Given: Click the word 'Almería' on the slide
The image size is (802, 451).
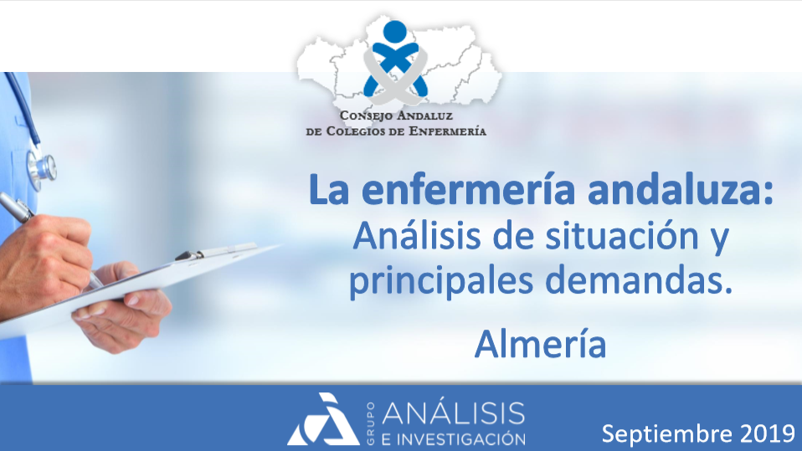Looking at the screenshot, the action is tap(540, 344).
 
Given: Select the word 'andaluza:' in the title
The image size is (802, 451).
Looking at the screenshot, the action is tap(681, 190).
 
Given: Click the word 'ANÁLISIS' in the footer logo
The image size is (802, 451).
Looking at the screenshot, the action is tap(454, 413).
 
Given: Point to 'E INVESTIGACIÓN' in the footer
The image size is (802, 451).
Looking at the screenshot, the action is tap(454, 439).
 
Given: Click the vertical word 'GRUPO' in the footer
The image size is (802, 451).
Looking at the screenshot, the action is tap(370, 423).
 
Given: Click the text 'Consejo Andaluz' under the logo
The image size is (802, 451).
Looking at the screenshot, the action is tap(396, 115).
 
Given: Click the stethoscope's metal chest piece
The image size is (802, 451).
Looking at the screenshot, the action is tap(42, 168).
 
